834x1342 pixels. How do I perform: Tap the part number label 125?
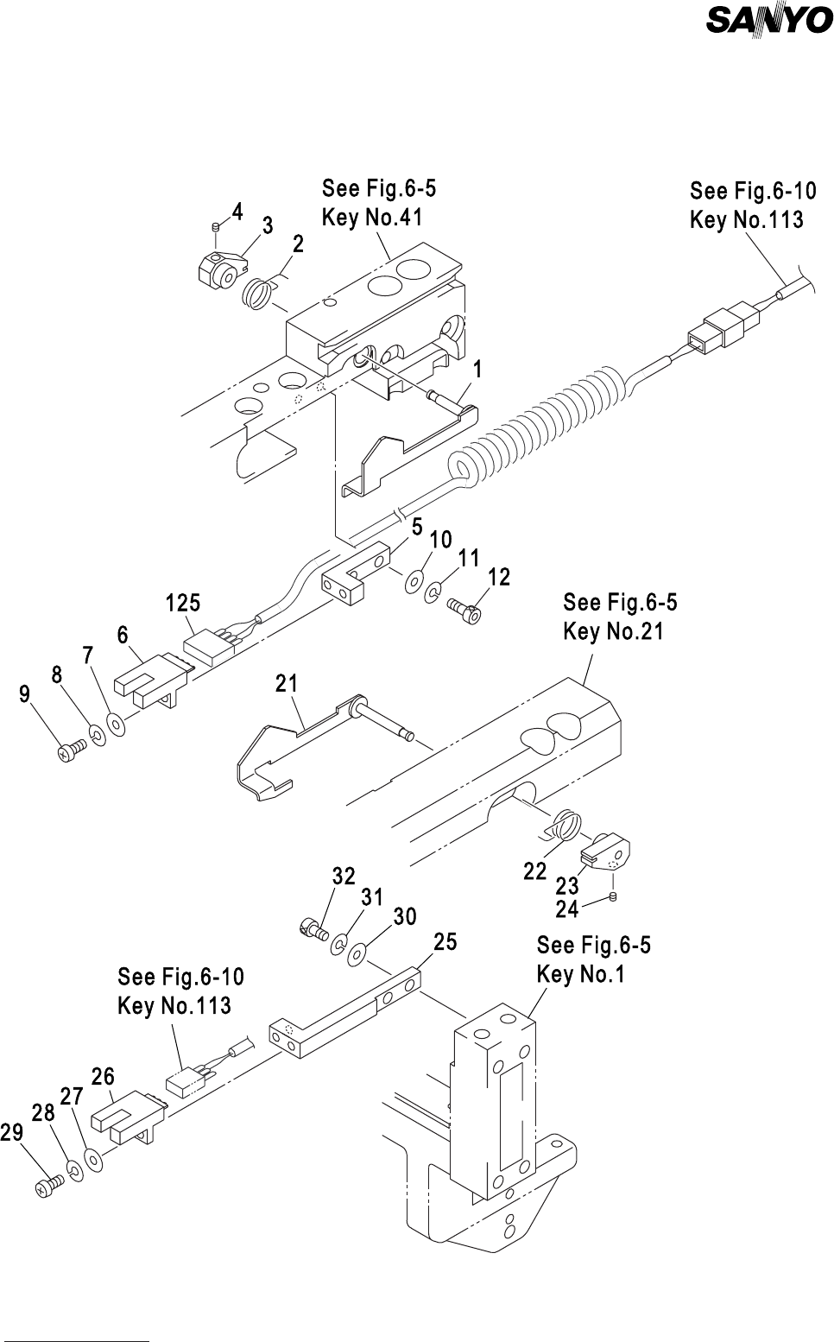coord(183,603)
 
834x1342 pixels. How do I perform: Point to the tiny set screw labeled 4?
coord(217,226)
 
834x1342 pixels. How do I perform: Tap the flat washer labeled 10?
coord(414,582)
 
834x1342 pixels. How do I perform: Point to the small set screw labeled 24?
coord(612,896)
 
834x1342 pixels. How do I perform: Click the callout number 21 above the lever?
coord(287,683)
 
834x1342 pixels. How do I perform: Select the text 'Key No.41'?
coord(372,217)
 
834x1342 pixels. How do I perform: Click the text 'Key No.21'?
coord(614,631)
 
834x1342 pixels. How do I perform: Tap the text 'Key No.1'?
coord(580,974)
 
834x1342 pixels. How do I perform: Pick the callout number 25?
coord(445,942)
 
